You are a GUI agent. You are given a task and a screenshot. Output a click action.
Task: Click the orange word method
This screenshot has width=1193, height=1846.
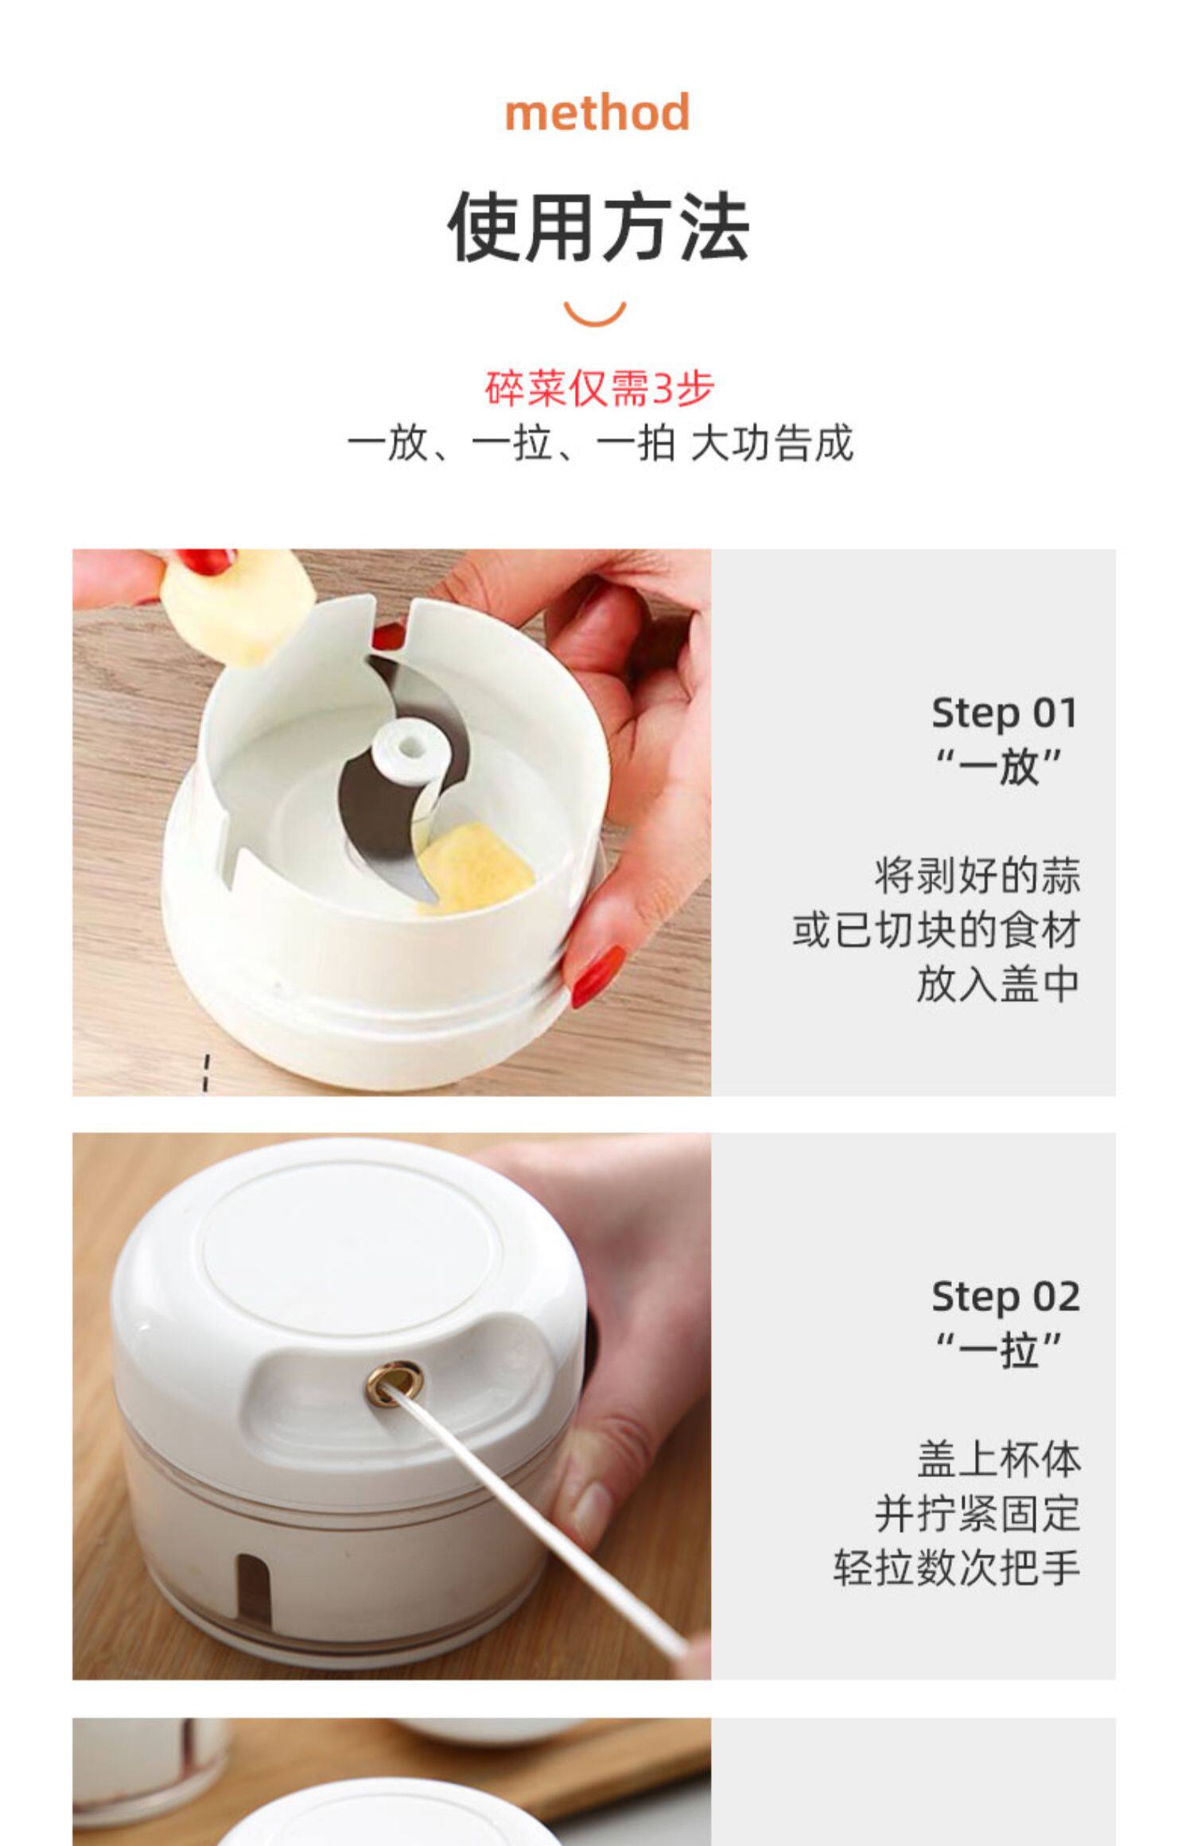[597, 113]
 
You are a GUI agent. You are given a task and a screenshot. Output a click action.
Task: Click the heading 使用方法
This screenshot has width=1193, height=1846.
[598, 227]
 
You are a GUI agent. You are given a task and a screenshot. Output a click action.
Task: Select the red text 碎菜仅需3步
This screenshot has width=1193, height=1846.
[600, 388]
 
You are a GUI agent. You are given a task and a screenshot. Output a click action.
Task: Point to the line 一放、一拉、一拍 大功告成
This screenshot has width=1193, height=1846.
[600, 443]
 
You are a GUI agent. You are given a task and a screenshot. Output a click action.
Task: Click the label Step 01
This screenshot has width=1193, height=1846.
[1005, 712]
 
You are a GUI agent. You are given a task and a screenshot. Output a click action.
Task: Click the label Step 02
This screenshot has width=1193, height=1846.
[1005, 1297]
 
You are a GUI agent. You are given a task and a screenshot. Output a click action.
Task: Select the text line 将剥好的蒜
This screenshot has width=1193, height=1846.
[977, 876]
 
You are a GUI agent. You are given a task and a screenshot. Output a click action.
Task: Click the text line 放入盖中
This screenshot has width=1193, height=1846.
[997, 984]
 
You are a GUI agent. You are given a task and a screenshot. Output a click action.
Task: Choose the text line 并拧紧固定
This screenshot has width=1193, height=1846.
[977, 1514]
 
